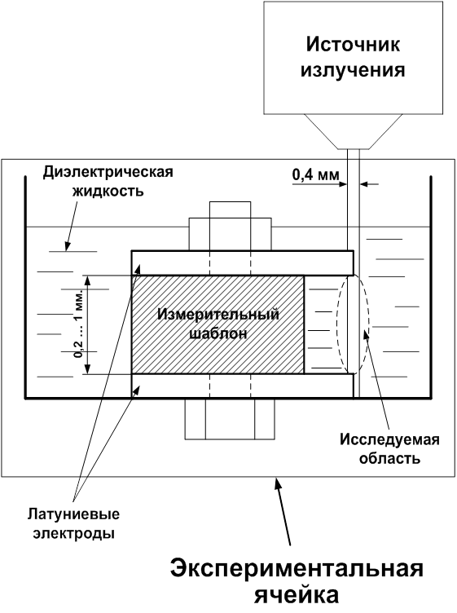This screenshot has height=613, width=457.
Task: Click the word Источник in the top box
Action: tap(353, 45)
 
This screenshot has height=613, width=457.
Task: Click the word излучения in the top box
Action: tap(353, 71)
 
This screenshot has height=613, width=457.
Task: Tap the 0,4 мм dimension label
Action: tap(315, 174)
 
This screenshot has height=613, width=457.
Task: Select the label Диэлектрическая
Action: tap(108, 172)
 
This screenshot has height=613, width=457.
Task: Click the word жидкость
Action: tap(107, 192)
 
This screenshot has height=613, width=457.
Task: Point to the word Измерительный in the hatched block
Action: tap(218, 314)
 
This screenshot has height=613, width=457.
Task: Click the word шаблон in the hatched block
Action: tap(218, 333)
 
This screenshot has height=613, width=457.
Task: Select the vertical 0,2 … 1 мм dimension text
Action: tap(79, 324)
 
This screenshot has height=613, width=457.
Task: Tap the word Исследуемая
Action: tap(389, 439)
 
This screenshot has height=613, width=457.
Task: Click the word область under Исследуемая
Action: tap(389, 458)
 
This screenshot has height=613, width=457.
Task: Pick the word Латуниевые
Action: tap(73, 514)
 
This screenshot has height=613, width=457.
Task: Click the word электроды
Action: tap(73, 533)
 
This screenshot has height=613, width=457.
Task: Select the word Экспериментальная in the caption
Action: tap(297, 569)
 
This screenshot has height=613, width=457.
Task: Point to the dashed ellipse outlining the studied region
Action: tap(338, 324)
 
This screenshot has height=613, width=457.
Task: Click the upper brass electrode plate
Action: tap(242, 263)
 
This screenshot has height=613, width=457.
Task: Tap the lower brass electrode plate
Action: tap(242, 386)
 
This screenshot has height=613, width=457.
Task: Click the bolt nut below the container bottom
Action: tap(230, 419)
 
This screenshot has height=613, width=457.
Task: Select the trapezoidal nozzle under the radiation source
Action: tap(353, 131)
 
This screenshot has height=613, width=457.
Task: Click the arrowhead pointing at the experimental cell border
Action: tap(277, 483)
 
